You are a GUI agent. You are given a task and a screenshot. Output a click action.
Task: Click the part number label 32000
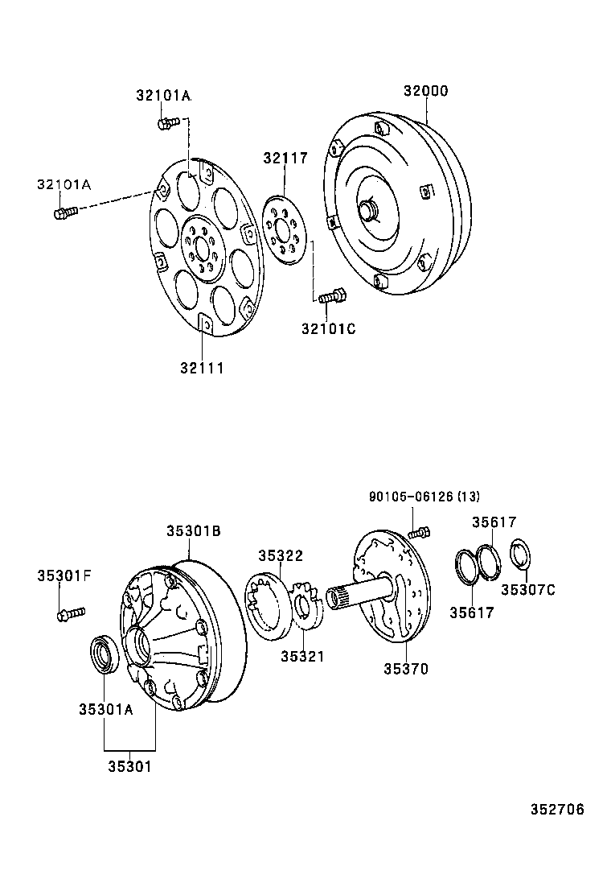pyautogui.click(x=425, y=91)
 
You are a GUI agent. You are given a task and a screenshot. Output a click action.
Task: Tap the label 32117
pyautogui.click(x=285, y=159)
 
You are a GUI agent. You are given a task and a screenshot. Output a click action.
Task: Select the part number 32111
pyautogui.click(x=201, y=368)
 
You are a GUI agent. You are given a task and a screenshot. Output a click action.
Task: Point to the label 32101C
pyautogui.click(x=328, y=328)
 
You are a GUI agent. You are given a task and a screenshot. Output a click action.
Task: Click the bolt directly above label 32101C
pyautogui.click(x=330, y=296)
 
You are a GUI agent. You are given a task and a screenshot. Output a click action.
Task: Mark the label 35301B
pyautogui.click(x=194, y=531)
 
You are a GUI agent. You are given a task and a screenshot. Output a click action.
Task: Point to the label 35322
pyautogui.click(x=280, y=555)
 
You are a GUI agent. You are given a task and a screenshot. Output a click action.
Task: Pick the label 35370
pyautogui.click(x=405, y=668)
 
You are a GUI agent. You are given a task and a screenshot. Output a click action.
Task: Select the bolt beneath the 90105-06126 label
pyautogui.click(x=420, y=532)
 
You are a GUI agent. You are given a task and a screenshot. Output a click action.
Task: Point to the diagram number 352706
pyautogui.click(x=557, y=809)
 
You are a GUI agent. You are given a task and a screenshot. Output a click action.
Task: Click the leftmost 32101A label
pyautogui.click(x=64, y=185)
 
